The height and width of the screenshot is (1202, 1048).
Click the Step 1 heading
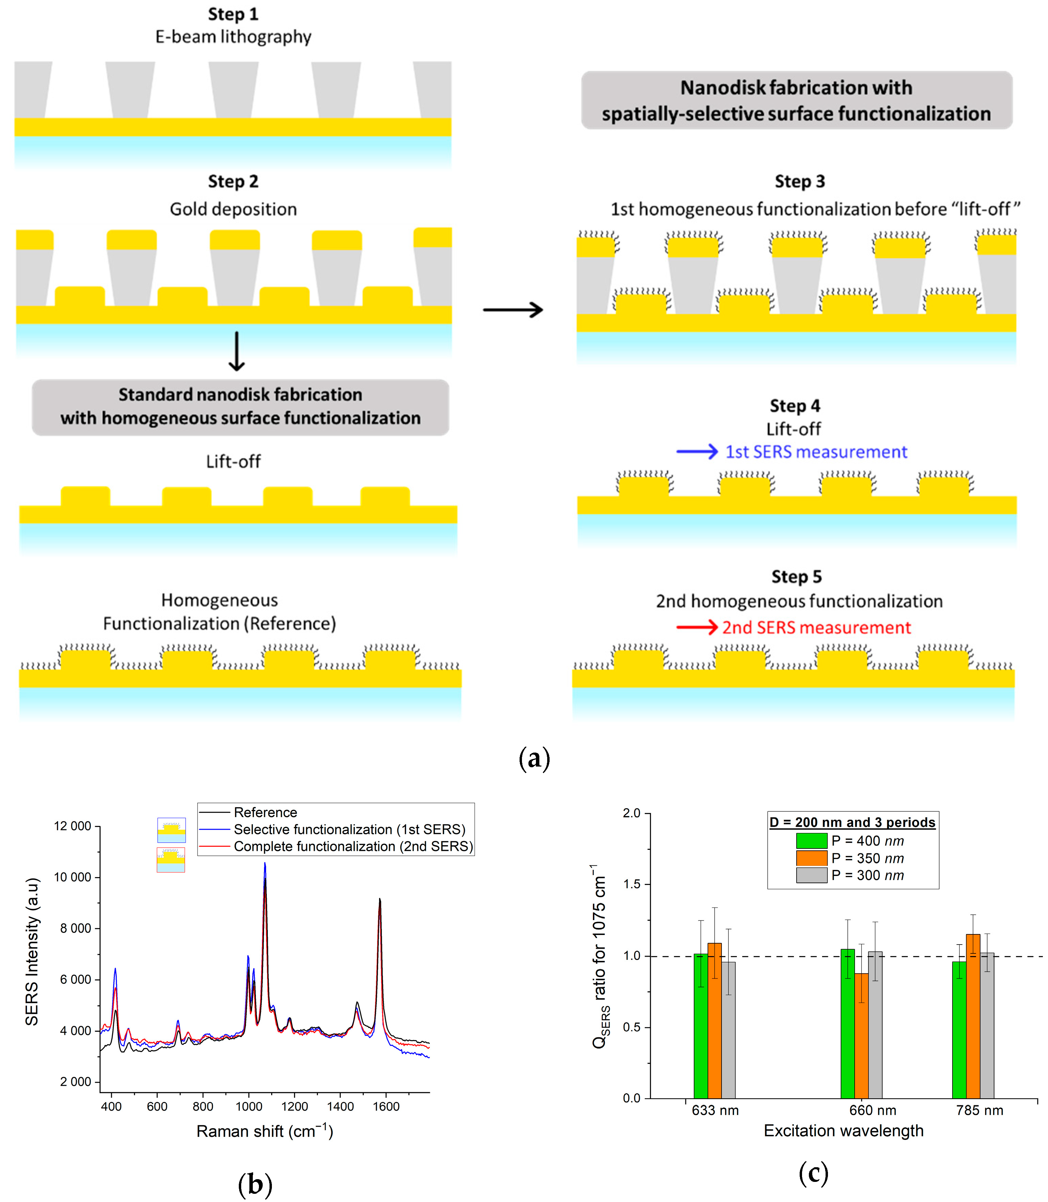coord(233,14)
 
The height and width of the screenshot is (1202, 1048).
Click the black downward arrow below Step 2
coord(236,351)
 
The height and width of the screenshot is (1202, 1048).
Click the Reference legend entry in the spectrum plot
coord(265,812)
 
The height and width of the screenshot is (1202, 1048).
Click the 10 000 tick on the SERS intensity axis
coord(73,877)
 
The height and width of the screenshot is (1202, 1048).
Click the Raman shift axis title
coord(264,1131)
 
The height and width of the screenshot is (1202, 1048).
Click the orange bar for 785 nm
coord(973,1017)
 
